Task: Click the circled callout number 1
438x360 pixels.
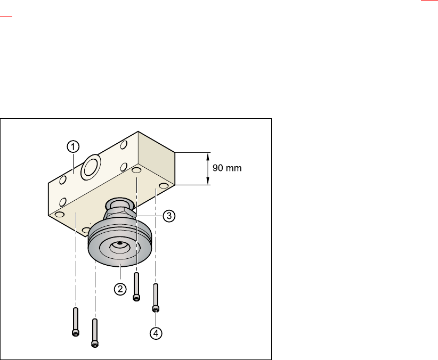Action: [73, 147]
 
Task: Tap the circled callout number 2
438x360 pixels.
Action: [120, 289]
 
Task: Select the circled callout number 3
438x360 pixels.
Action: [169, 216]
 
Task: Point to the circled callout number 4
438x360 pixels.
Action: [156, 333]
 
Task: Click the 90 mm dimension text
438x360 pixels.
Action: [227, 168]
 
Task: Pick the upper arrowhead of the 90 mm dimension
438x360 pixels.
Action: [208, 157]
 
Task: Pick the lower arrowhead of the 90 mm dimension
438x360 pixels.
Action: [208, 181]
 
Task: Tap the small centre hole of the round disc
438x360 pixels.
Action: [119, 243]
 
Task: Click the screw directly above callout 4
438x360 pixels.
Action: [156, 298]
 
